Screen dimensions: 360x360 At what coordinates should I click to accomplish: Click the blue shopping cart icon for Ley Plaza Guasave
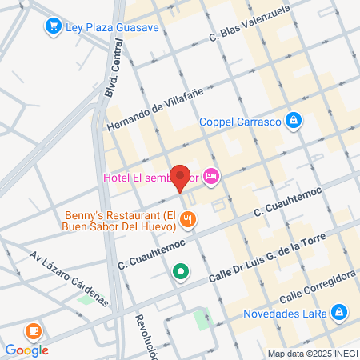coord(54,26)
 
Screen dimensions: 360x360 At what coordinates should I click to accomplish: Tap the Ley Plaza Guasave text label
coord(113,26)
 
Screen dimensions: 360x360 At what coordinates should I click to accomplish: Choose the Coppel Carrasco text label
coord(241,122)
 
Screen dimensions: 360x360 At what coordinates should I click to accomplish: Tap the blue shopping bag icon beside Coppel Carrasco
coord(294,121)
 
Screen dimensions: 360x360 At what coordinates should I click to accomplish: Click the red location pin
coord(181,178)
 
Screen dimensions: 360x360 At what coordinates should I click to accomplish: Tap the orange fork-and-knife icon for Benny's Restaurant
coord(187,218)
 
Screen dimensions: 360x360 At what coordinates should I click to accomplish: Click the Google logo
coord(26,349)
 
